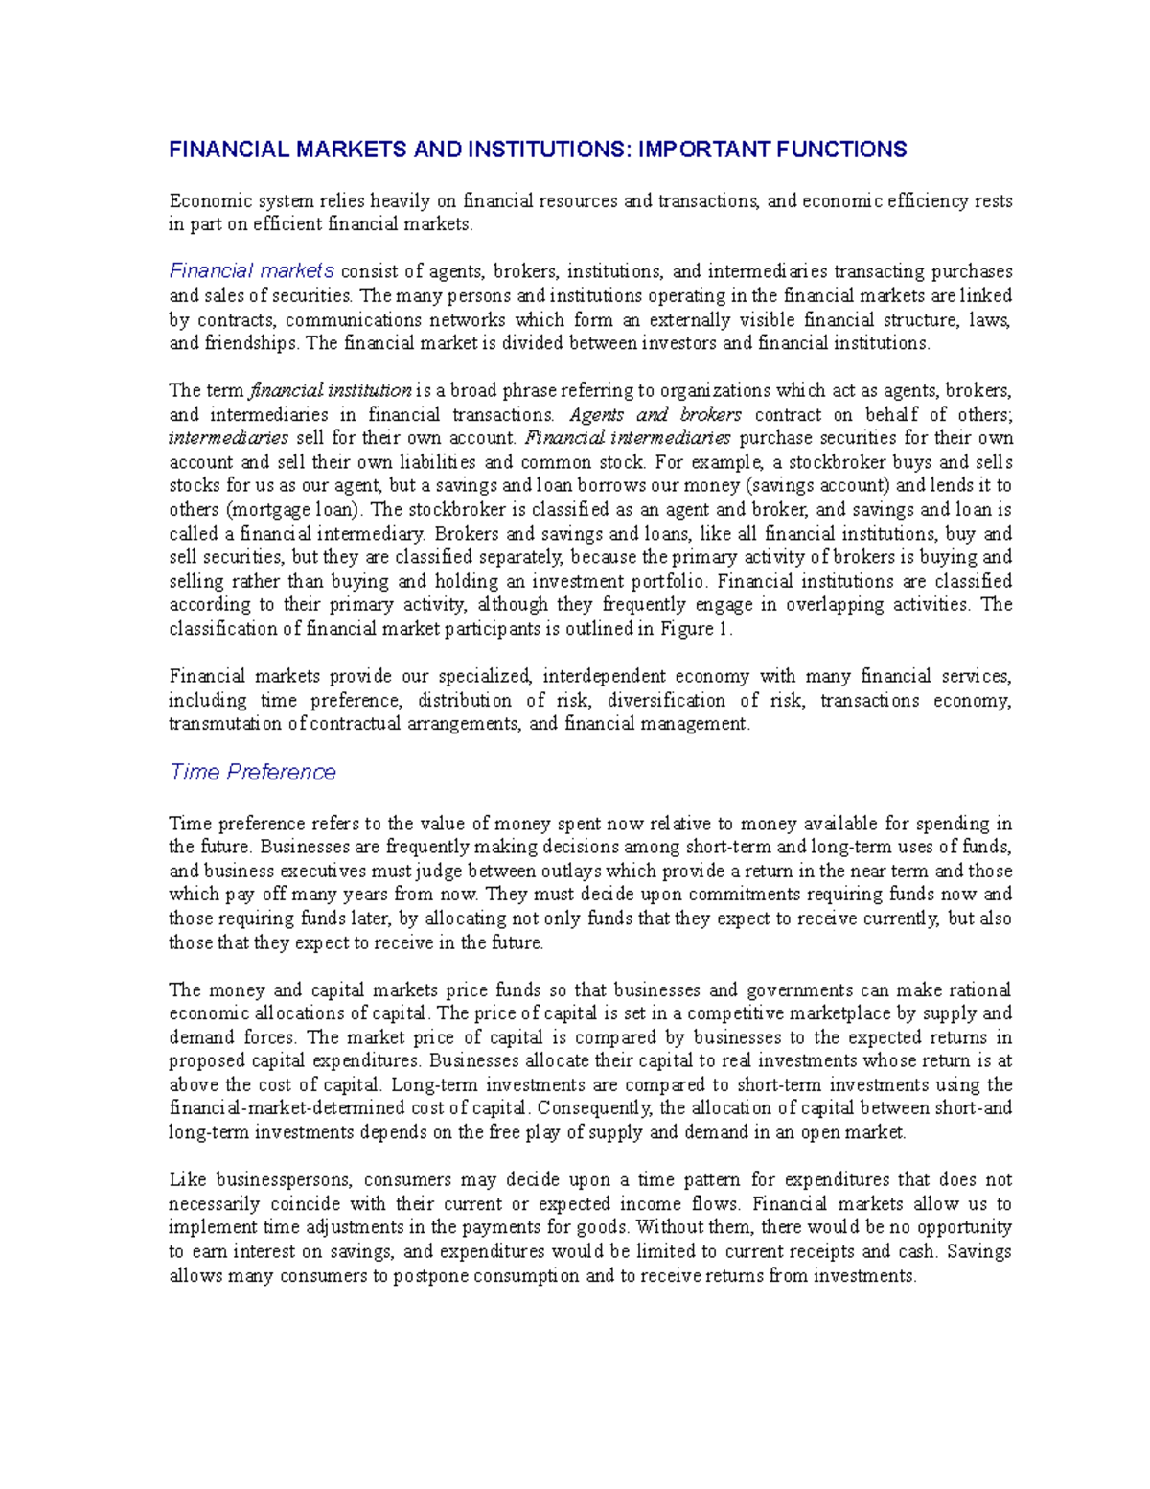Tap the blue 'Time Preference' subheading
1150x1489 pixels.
[252, 773]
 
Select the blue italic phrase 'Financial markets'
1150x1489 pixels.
[251, 271]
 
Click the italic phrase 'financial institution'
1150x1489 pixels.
[330, 391]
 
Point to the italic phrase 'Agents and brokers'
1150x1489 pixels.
[655, 415]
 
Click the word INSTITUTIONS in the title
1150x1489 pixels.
[548, 150]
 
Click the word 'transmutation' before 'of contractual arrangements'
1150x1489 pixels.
[225, 724]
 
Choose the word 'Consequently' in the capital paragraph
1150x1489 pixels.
[594, 1108]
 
